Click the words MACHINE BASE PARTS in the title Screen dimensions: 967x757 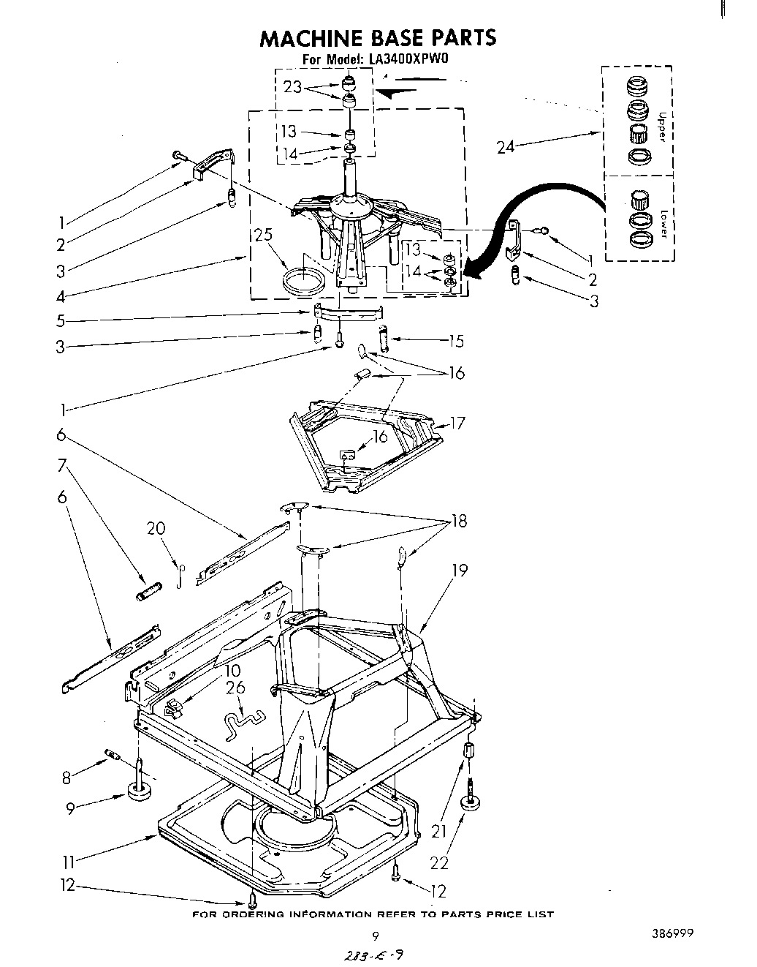378,37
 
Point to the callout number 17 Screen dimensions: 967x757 458,423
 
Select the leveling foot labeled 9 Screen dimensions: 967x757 138,791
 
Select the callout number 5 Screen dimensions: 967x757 61,320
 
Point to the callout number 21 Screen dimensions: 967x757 438,831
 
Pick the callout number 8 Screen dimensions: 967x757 66,778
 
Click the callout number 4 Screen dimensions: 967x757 61,297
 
